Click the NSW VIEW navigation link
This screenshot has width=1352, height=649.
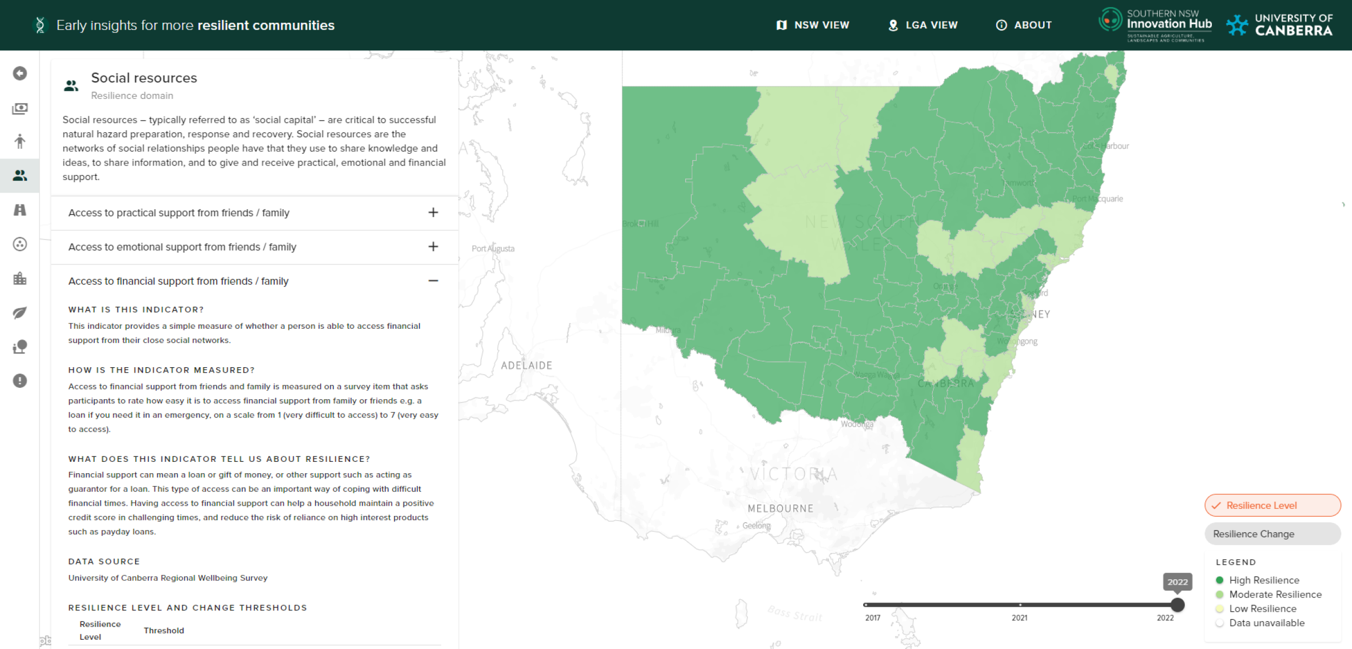click(813, 25)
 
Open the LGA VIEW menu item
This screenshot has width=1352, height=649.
click(923, 25)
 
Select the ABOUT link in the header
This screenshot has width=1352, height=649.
click(1024, 25)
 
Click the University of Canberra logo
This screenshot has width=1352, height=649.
click(1280, 25)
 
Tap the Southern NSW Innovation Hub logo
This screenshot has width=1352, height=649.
click(1155, 25)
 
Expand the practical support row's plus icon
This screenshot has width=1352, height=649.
click(433, 213)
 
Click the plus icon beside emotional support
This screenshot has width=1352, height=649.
click(433, 247)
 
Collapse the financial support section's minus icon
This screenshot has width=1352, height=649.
click(433, 281)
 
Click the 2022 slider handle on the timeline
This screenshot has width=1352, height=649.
click(1177, 605)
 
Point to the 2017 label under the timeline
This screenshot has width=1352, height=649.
click(872, 618)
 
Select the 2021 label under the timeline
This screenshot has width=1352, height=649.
click(1019, 618)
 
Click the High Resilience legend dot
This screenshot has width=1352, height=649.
click(1220, 580)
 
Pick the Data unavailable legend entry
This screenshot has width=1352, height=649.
click(1267, 623)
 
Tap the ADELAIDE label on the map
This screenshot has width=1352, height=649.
click(526, 366)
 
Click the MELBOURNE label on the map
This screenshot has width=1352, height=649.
click(780, 508)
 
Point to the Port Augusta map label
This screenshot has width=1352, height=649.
click(493, 249)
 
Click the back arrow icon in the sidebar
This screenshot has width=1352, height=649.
click(20, 73)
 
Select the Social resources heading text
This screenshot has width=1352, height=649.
click(144, 78)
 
